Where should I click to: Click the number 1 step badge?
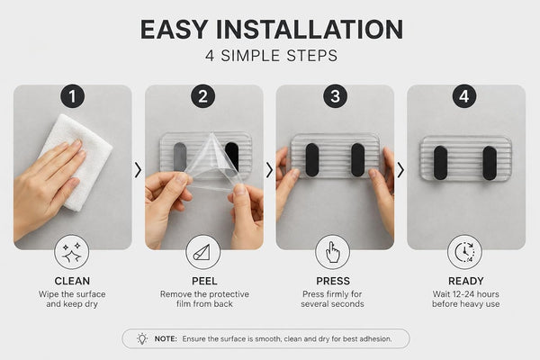click(x=72, y=96)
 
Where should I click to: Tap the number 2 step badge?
click(x=203, y=96)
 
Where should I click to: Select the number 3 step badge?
click(x=335, y=96)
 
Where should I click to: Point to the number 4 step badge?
click(x=464, y=96)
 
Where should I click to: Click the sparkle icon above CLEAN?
click(x=72, y=252)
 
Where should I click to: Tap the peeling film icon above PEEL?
click(x=202, y=252)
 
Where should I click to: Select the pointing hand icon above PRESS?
click(x=333, y=252)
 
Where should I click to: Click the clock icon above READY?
click(x=464, y=252)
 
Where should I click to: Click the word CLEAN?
click(x=72, y=281)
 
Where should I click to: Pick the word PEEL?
click(x=204, y=281)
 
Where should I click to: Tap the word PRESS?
click(x=333, y=281)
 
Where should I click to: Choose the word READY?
click(x=466, y=281)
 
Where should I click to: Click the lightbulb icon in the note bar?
click(x=142, y=338)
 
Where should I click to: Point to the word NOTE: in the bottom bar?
click(x=166, y=339)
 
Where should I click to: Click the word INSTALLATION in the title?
click(x=310, y=30)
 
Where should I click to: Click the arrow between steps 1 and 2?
click(x=138, y=170)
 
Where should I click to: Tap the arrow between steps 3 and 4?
click(x=400, y=170)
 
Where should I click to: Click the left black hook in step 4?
click(x=440, y=163)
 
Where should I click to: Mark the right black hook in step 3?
click(x=358, y=160)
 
